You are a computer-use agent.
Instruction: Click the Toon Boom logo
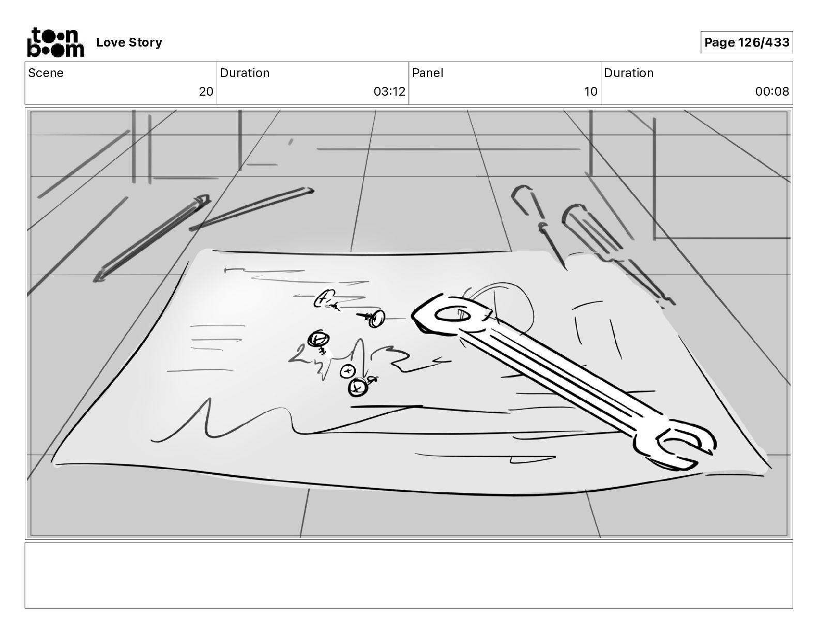point(55,42)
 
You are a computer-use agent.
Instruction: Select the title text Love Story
point(129,42)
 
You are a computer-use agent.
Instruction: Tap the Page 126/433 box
point(747,42)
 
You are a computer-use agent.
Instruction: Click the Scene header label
point(46,73)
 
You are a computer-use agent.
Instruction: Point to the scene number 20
point(206,92)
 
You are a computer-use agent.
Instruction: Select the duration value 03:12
point(389,92)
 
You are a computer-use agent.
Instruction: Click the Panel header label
point(428,73)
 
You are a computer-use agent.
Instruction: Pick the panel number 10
point(590,92)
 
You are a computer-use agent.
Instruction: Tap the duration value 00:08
point(772,92)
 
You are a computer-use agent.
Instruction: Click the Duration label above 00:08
point(629,73)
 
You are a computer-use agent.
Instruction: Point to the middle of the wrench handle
point(558,378)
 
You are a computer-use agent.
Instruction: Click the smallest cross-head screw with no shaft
point(347,371)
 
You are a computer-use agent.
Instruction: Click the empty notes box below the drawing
point(408,575)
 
